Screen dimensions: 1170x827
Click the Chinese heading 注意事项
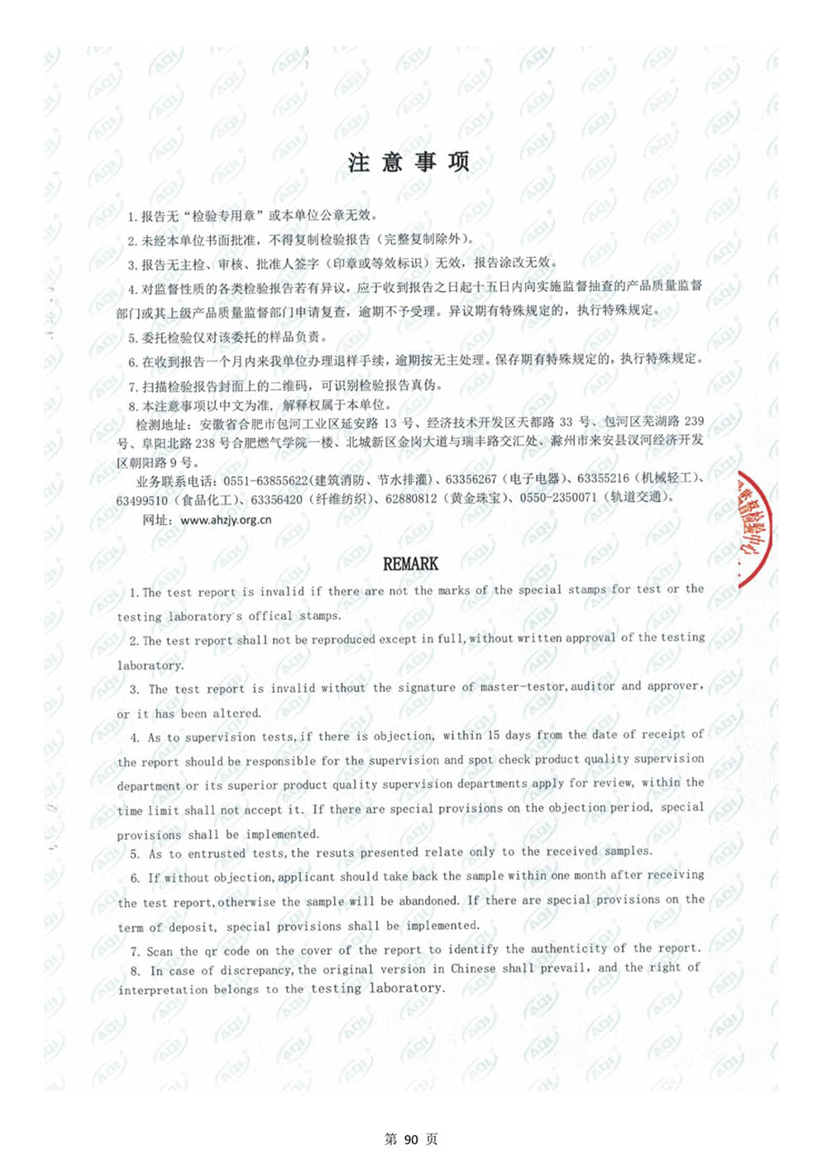coord(409,162)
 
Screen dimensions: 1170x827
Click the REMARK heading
coord(410,564)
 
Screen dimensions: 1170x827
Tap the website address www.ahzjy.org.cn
coord(226,520)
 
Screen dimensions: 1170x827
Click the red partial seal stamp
coord(754,529)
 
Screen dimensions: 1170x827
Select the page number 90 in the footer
coord(411,1139)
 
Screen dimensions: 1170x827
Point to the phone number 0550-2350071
coord(558,498)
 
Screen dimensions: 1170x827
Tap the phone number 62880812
coord(411,499)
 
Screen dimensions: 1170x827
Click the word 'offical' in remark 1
coord(270,616)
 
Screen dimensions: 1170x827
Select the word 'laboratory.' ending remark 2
coord(151,665)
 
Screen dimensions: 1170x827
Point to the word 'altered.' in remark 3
coord(237,713)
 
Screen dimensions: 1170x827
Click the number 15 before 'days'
coord(493,734)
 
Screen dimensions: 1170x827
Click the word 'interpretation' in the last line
coord(163,990)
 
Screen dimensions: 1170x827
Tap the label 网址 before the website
coord(156,520)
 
